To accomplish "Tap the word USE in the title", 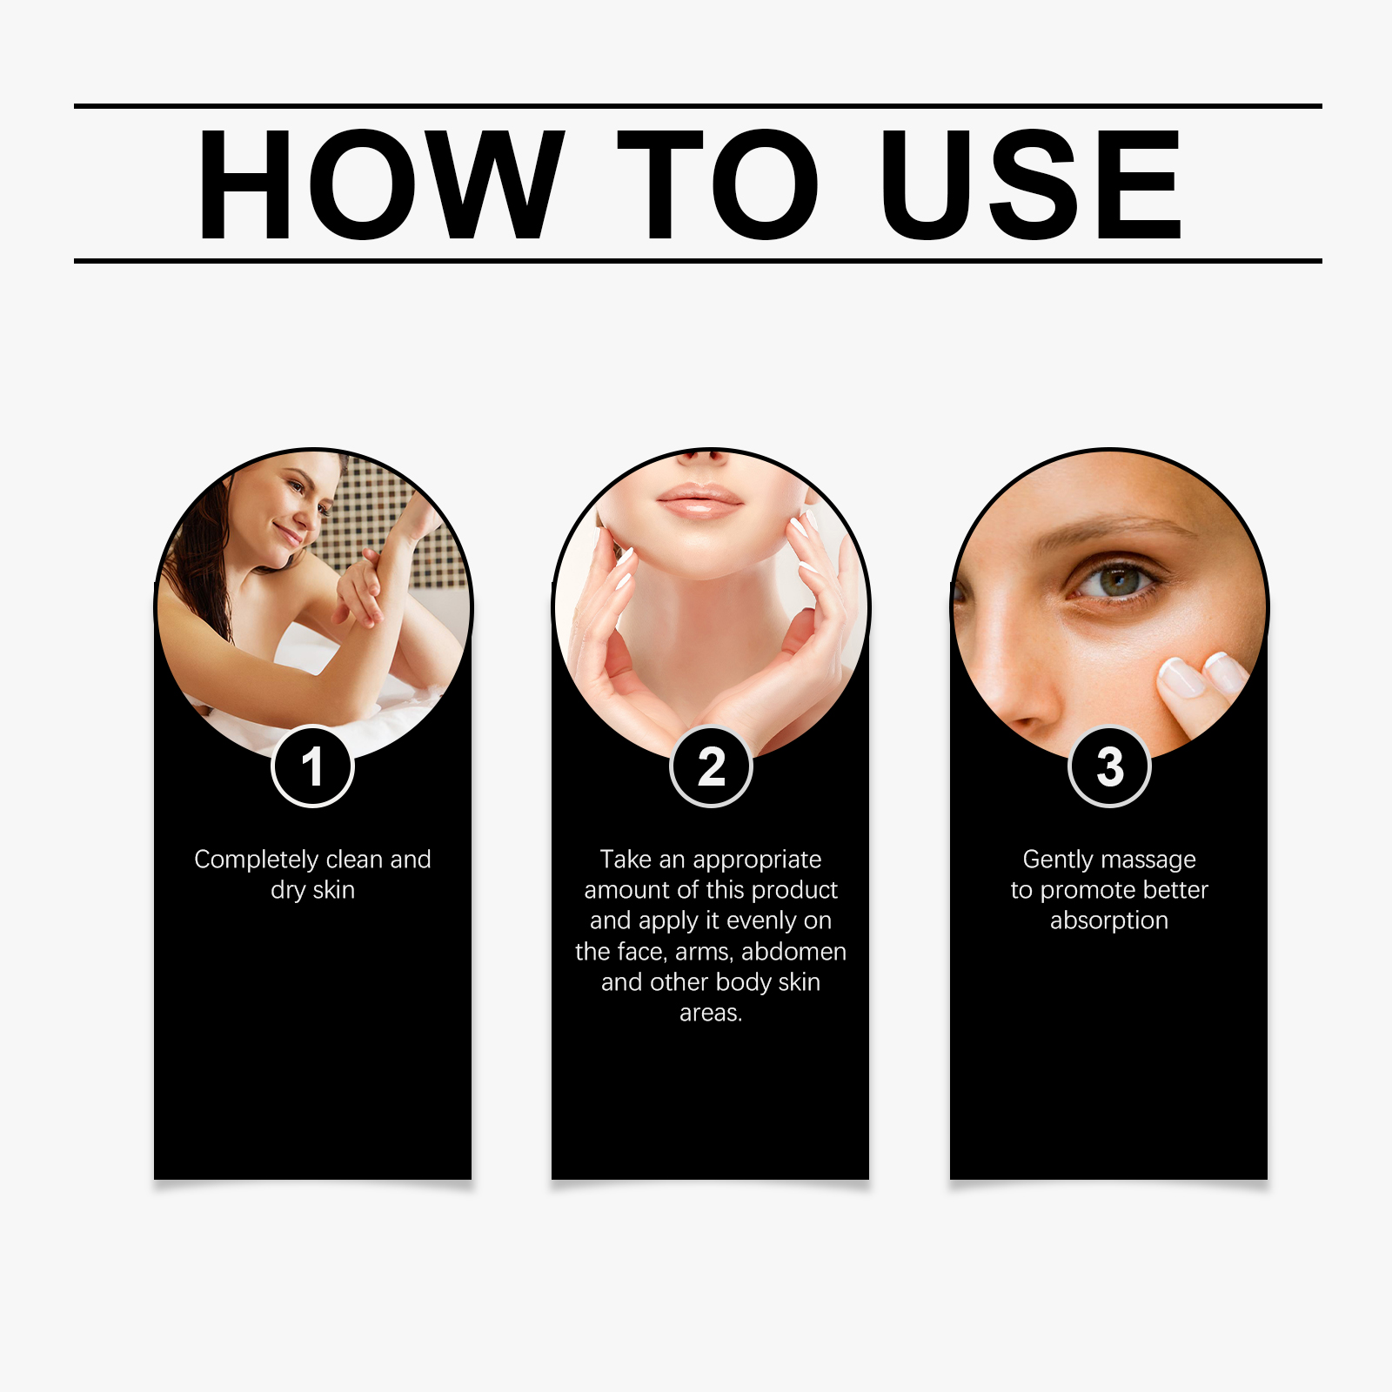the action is click(x=1031, y=184).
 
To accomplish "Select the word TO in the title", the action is click(x=718, y=184).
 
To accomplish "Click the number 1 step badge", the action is click(x=312, y=766).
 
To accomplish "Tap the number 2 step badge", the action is click(x=711, y=766).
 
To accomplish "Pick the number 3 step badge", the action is click(x=1109, y=766).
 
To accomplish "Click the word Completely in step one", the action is click(x=257, y=860).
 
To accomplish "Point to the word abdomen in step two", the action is click(x=793, y=951).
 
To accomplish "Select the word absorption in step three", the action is click(x=1109, y=920).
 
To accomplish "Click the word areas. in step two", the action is click(x=711, y=1014).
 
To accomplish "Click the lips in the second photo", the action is click(x=699, y=501).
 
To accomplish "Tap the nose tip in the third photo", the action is click(x=1027, y=709).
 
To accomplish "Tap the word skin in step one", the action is click(x=333, y=890).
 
